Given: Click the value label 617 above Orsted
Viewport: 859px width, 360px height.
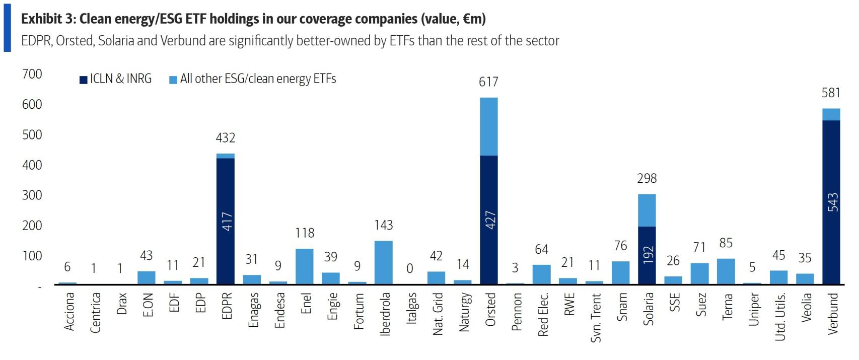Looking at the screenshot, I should [488, 82].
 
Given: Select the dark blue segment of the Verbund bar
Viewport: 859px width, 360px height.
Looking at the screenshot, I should [831, 201].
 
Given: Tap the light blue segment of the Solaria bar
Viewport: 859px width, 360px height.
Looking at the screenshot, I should [647, 210].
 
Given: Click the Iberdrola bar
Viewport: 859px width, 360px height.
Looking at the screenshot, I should [383, 262].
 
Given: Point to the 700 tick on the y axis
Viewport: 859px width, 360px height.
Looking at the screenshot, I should [32, 74].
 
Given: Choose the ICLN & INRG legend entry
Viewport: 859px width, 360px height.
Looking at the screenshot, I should [116, 79].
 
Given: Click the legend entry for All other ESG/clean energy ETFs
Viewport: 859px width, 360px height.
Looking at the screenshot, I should [253, 79].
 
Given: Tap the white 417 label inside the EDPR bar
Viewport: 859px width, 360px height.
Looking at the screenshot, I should [227, 222].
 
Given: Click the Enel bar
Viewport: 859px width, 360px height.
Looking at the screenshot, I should [304, 266].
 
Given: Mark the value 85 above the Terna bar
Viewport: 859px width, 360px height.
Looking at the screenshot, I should [726, 243].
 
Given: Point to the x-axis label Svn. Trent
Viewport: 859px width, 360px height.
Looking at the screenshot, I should [595, 318].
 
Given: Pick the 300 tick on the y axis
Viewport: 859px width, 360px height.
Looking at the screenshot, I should [32, 195].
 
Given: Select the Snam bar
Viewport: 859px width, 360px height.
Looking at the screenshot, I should [620, 272].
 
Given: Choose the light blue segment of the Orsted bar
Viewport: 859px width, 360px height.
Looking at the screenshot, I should [488, 126].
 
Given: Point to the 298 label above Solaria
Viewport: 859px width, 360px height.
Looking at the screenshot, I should [647, 178].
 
